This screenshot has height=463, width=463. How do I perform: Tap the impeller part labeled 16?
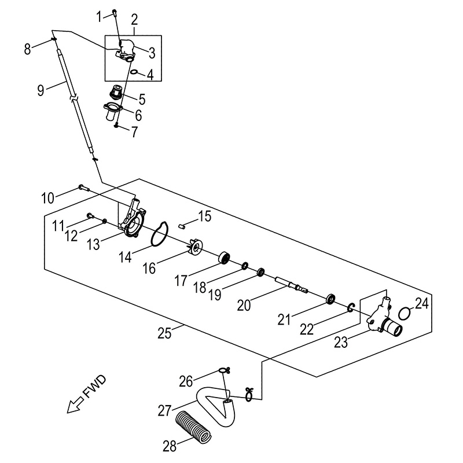[196, 248]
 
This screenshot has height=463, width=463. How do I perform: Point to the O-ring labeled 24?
[406, 313]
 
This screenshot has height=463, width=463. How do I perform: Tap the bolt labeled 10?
[82, 187]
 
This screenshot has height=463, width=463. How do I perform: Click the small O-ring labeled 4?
[134, 72]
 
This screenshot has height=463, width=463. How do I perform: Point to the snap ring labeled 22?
[351, 308]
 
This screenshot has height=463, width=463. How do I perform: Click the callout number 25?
[165, 333]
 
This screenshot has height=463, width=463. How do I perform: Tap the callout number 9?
[40, 90]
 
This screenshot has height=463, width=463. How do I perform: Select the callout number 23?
[341, 343]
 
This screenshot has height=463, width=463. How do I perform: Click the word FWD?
[95, 387]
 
